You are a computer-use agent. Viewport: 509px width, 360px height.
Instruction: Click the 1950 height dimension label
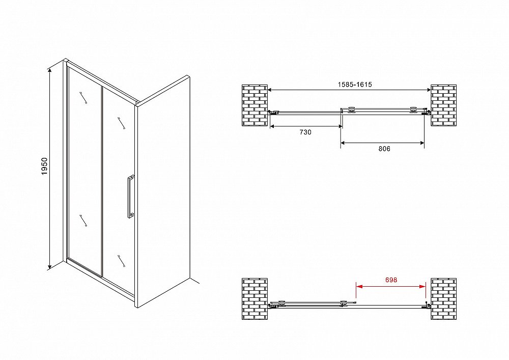click(44, 166)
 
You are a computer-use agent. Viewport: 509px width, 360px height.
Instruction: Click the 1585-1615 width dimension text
click(355, 85)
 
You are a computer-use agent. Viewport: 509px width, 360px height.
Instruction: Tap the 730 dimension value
click(305, 132)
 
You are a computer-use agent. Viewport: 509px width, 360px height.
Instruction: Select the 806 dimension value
click(384, 149)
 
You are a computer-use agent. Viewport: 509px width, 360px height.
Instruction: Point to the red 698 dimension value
click(391, 280)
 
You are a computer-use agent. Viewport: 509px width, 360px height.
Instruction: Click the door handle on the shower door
click(130, 197)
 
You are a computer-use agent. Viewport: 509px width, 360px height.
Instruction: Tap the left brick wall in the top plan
click(255, 105)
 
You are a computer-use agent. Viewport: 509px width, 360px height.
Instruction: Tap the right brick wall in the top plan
click(443, 105)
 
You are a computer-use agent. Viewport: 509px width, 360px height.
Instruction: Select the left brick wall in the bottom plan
click(255, 299)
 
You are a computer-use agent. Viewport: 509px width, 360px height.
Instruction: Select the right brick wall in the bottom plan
click(443, 299)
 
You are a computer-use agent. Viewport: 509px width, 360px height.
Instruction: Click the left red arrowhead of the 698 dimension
click(359, 286)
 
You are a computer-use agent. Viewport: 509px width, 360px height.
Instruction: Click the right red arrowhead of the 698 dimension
click(422, 286)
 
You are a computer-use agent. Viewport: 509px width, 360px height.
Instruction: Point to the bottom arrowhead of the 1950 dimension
click(50, 267)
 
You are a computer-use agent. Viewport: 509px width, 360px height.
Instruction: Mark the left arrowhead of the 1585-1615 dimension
click(271, 90)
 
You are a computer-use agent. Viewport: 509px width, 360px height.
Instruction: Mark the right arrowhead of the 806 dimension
click(421, 143)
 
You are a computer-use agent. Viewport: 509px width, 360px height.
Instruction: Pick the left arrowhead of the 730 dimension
click(273, 126)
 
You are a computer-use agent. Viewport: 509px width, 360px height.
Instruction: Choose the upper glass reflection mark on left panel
click(83, 97)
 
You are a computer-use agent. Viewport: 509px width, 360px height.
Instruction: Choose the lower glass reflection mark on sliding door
click(122, 261)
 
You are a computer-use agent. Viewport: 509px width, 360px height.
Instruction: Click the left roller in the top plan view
click(351, 110)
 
